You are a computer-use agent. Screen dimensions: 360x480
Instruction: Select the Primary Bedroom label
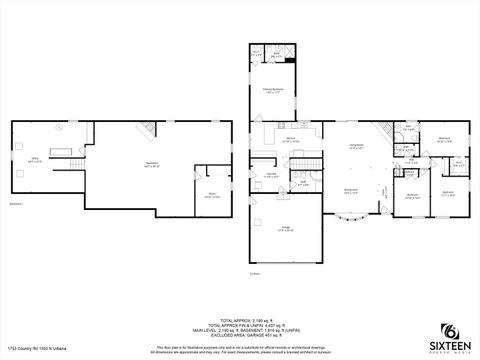point(274,91)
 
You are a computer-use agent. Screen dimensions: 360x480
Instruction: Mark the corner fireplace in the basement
point(149,128)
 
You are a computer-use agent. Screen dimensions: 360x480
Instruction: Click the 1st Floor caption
point(283,273)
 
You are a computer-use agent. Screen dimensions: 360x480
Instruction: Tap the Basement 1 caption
point(16,204)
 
